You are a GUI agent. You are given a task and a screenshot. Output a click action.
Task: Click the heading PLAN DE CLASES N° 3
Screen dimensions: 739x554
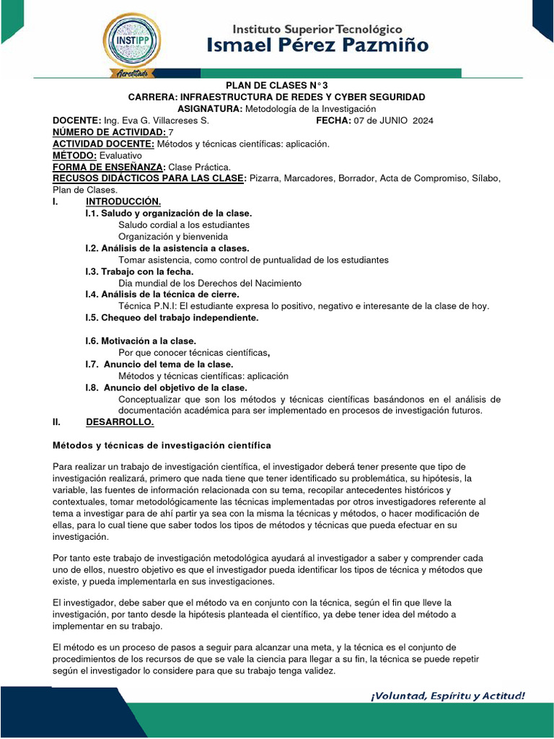(276, 85)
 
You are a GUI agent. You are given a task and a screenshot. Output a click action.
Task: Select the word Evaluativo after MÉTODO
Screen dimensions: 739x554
(120, 155)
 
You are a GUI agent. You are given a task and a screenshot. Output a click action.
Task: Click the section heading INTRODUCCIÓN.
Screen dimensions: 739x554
(123, 201)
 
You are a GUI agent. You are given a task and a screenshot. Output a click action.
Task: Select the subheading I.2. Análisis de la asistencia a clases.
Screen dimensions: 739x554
(167, 248)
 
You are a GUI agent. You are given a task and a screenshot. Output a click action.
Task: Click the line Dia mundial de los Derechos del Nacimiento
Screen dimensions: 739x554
(210, 283)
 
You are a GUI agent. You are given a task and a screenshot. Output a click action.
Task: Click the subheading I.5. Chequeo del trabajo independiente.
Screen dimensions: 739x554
(172, 318)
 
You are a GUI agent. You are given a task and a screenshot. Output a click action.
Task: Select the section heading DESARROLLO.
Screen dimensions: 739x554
(120, 421)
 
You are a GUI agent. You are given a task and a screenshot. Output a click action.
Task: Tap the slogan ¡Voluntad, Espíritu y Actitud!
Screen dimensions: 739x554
(448, 696)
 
